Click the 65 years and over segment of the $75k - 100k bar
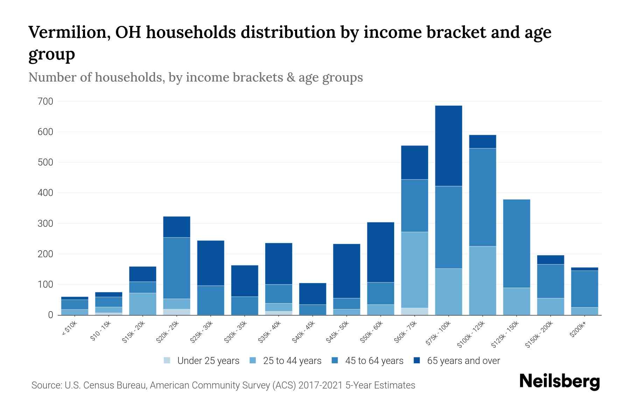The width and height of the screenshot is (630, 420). pos(448,146)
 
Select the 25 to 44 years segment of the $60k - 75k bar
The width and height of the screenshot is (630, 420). pos(414,269)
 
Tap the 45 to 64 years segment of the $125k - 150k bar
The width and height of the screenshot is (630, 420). pos(516,243)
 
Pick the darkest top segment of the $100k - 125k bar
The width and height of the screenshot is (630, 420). pos(482,141)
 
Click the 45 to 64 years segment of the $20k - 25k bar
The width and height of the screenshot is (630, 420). pos(176,268)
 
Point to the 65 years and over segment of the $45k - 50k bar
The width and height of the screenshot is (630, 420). pos(346,271)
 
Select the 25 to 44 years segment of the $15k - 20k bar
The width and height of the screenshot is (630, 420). pos(142,304)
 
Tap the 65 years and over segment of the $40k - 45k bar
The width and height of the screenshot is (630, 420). pos(312,293)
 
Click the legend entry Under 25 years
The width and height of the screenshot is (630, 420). pos(208,361)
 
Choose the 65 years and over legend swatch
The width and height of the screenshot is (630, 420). pos(417,360)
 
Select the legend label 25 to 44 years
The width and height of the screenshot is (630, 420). pos(292,361)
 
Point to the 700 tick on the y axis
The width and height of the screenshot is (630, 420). pos(45,101)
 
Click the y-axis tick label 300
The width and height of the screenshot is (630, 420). pos(45,223)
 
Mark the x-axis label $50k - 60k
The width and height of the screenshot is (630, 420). pos(372,332)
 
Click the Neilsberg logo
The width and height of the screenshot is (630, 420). pos(559,381)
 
